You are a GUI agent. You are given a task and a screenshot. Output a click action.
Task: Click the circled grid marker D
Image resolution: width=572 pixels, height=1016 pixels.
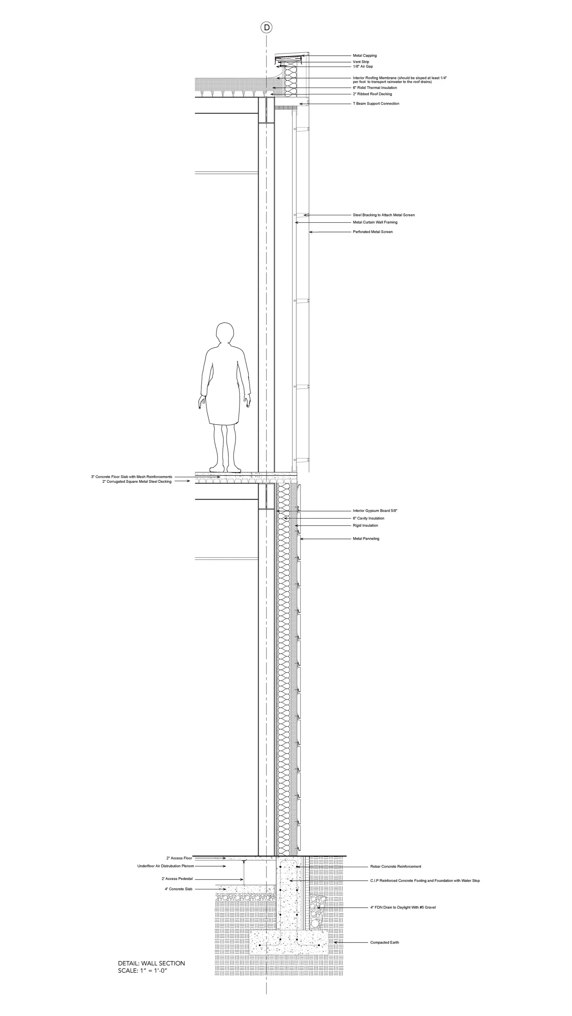click(267, 28)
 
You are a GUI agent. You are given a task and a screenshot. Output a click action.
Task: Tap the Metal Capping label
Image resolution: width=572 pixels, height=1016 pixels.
click(364, 56)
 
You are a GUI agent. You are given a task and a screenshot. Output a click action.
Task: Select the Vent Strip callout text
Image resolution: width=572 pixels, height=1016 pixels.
click(361, 62)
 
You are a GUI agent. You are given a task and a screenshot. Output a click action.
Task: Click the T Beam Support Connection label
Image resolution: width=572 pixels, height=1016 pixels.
click(376, 104)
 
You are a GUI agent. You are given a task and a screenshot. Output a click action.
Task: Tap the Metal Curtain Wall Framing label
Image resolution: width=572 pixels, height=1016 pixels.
click(375, 222)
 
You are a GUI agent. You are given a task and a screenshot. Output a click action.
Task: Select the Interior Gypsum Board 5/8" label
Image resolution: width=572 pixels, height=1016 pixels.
click(375, 511)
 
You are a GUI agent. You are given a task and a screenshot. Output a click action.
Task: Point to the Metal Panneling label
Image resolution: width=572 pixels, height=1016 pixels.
click(366, 539)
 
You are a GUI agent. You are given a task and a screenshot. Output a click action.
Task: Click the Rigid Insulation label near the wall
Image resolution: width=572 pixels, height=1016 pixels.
click(365, 525)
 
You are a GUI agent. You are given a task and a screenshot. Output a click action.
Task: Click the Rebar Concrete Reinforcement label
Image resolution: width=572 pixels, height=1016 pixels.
click(396, 866)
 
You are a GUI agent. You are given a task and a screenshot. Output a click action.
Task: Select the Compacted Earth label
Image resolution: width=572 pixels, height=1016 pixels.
click(385, 943)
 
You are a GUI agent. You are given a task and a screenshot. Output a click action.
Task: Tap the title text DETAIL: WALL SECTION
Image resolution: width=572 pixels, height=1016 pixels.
click(151, 963)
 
